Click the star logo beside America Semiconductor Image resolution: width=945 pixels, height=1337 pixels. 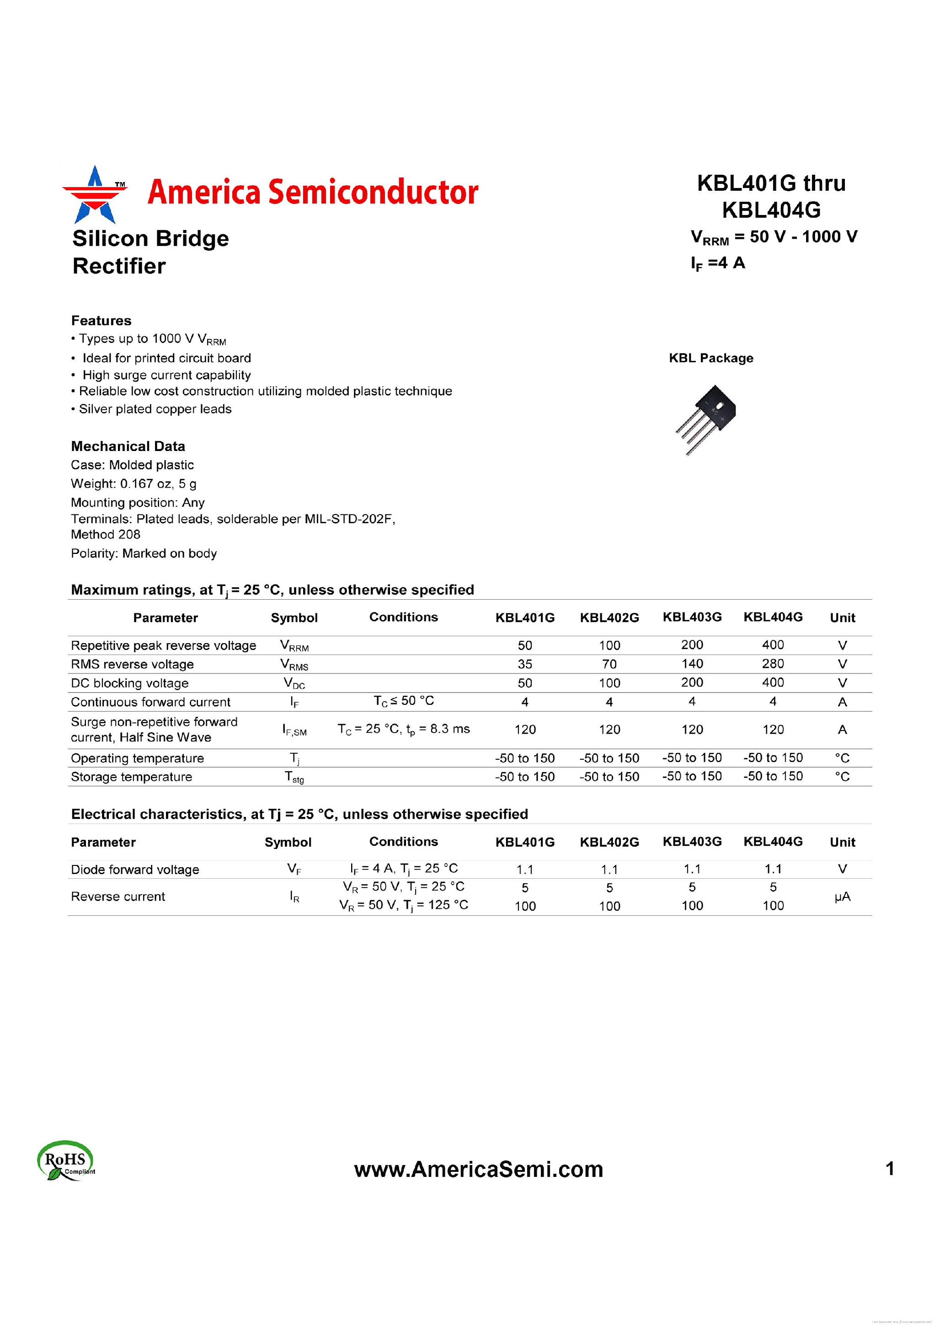click(x=95, y=195)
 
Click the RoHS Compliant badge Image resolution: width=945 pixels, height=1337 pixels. click(x=66, y=1160)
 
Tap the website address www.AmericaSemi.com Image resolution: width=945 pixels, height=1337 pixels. click(x=478, y=1169)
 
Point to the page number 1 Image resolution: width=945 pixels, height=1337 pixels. click(x=890, y=1169)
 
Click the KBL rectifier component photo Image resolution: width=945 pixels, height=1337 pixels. click(x=706, y=418)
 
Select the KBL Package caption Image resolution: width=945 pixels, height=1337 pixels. click(x=710, y=358)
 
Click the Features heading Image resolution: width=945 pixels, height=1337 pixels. click(x=101, y=321)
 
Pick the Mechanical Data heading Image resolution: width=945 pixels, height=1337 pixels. click(x=128, y=446)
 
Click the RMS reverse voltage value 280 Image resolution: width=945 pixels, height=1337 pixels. click(x=773, y=664)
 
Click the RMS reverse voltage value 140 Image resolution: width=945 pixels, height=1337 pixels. click(x=692, y=664)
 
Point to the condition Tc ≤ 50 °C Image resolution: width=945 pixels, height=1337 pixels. click(x=404, y=701)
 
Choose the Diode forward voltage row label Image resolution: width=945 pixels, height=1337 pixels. click(x=135, y=870)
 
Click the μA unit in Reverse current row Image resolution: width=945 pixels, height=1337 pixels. click(x=842, y=897)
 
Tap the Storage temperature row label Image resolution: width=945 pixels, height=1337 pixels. click(x=132, y=777)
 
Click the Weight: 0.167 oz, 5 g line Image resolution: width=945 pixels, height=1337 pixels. click(x=134, y=484)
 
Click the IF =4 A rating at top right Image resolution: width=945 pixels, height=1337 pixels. click(x=718, y=263)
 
